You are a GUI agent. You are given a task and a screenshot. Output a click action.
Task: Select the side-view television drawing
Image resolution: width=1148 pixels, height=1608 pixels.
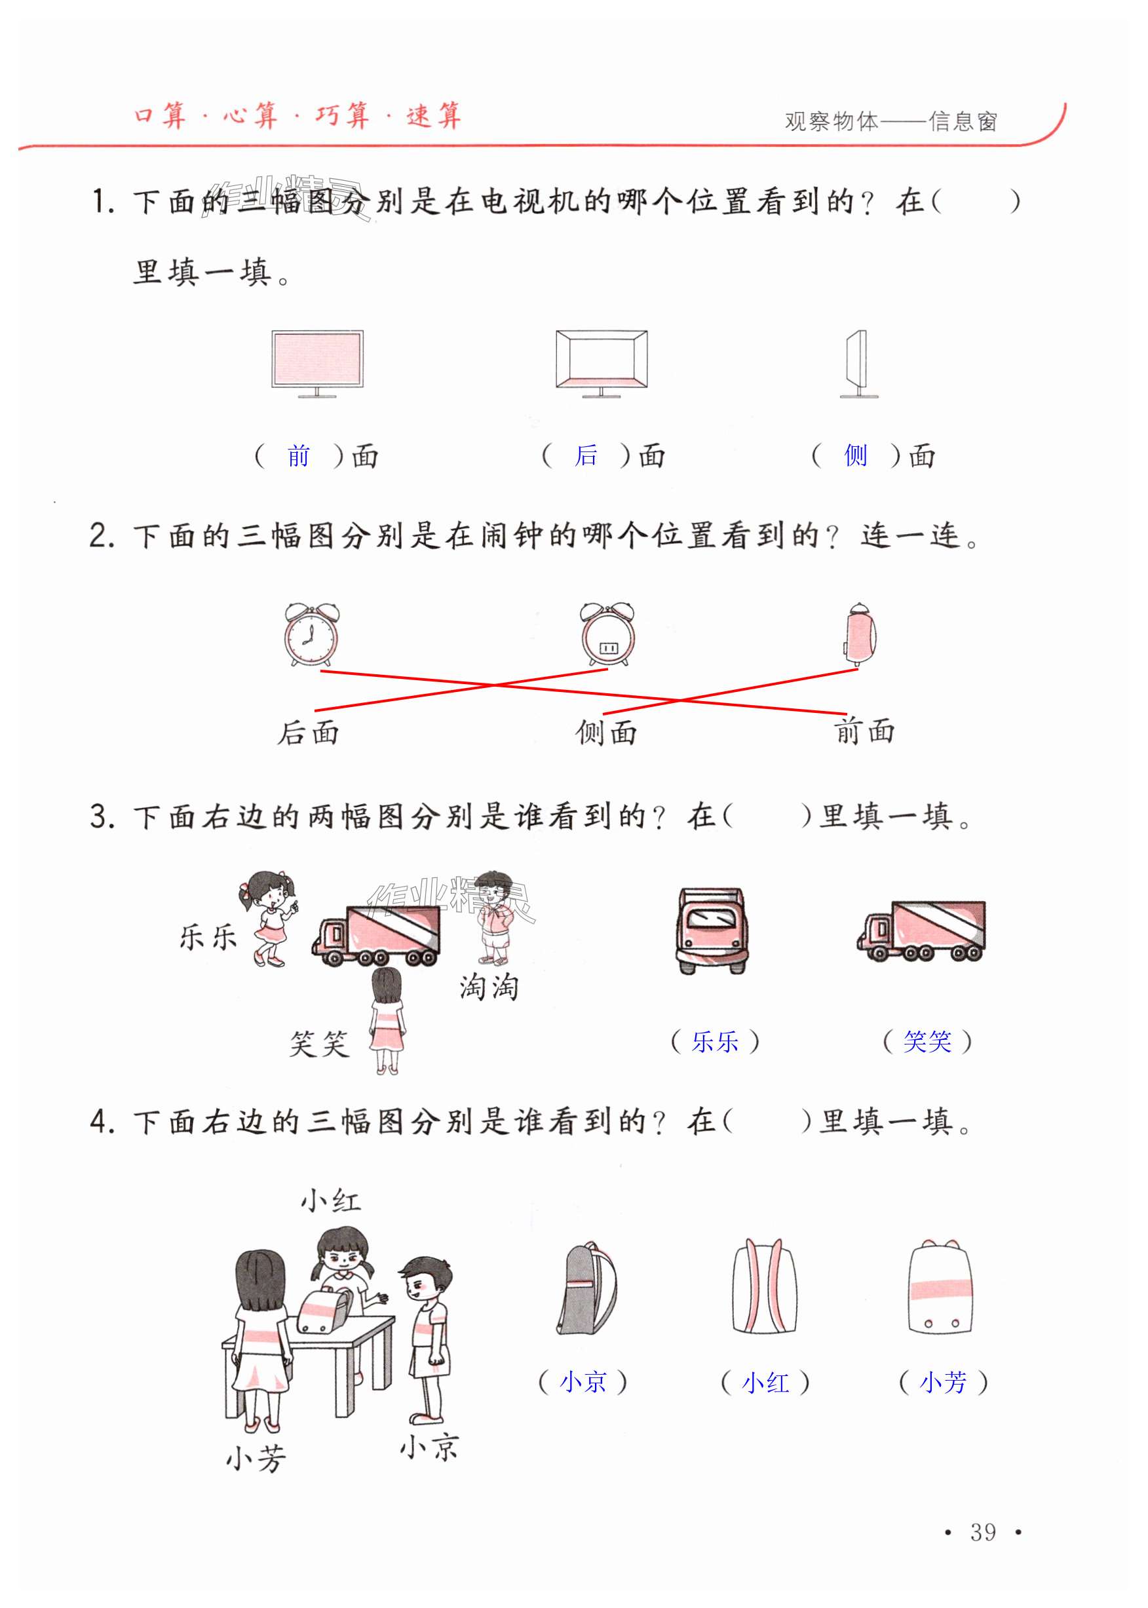[x=858, y=363]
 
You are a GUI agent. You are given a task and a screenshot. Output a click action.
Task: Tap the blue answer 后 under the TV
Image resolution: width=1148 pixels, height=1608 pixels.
[x=586, y=455]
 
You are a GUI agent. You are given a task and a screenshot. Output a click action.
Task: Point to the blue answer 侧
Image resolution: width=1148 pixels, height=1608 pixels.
[x=855, y=455]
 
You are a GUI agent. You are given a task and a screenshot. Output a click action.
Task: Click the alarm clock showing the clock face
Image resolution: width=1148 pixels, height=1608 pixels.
[x=311, y=634]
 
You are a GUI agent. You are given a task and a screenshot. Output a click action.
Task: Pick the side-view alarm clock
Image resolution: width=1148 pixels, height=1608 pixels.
[x=859, y=634]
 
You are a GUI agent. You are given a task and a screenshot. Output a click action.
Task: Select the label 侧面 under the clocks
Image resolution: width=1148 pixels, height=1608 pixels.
[x=606, y=733]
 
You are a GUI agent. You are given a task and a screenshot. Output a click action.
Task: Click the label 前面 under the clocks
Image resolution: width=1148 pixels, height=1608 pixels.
[x=864, y=731]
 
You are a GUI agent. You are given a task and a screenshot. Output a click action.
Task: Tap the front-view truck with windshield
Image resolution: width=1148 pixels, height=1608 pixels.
[x=710, y=931]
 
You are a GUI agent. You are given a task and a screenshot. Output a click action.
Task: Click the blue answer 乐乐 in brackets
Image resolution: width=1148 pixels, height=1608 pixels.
[x=715, y=1041]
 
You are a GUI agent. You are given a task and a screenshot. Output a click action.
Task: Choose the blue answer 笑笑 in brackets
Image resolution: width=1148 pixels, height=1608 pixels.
[x=927, y=1041]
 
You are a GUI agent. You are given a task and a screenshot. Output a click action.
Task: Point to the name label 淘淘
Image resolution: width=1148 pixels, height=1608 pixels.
[x=488, y=987]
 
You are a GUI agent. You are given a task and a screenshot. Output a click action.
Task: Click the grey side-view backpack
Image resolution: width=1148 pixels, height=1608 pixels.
[x=586, y=1288]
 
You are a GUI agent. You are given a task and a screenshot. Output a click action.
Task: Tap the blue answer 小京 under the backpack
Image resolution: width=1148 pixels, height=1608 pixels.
[x=583, y=1382]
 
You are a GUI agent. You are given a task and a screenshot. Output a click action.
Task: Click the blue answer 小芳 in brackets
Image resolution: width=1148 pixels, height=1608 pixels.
[x=943, y=1382]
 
